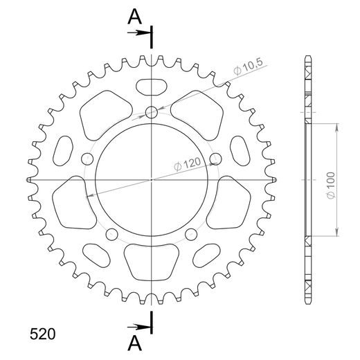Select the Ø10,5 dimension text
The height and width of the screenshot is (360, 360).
tap(247, 66)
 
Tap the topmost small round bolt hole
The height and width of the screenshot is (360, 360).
tap(152, 112)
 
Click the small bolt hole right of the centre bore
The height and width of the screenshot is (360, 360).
tap(215, 157)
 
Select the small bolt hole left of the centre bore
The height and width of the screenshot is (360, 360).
tap(87, 157)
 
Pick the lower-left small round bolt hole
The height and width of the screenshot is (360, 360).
tap(111, 235)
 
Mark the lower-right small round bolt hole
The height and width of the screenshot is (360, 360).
tap(192, 235)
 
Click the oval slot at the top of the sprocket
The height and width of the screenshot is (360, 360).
tap(152, 87)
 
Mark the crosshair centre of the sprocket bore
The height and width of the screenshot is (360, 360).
tap(152, 179)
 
